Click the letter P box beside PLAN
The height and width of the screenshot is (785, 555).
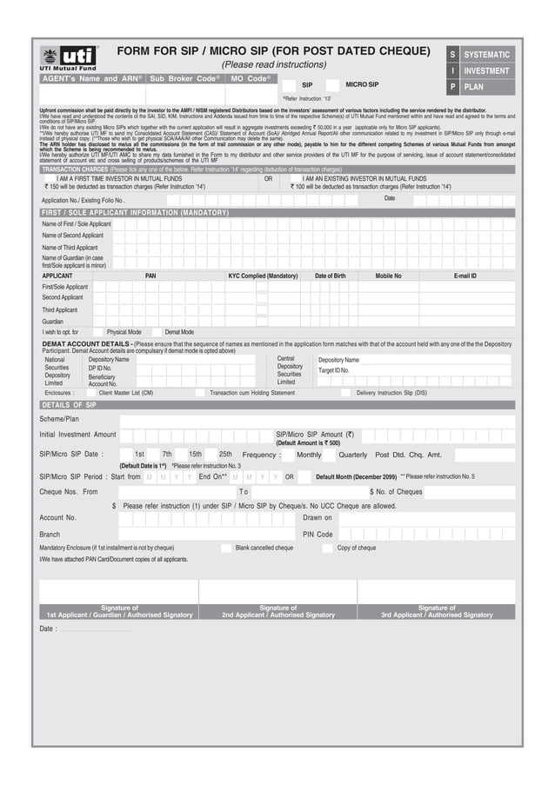pos(452,87)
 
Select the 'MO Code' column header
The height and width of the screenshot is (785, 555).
pos(251,79)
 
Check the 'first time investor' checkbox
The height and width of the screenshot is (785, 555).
pos(49,178)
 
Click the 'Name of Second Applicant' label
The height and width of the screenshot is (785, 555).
pos(73,236)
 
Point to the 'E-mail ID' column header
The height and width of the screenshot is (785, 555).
pos(465,276)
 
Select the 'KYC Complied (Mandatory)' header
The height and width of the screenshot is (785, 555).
pos(263,276)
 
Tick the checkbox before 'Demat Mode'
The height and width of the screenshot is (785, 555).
pos(157,332)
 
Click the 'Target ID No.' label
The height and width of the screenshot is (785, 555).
pos(334,370)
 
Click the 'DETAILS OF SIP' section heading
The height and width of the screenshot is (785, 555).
pos(70,405)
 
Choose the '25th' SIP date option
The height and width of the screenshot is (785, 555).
pos(225,455)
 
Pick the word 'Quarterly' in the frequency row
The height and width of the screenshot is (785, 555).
pos(352,455)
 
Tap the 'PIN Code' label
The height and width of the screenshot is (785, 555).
pos(318,534)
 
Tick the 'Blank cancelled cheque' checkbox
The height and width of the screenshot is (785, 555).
pos(226,549)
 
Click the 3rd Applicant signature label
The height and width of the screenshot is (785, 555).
pos(436,611)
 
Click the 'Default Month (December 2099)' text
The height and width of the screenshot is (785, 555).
pos(356,477)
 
